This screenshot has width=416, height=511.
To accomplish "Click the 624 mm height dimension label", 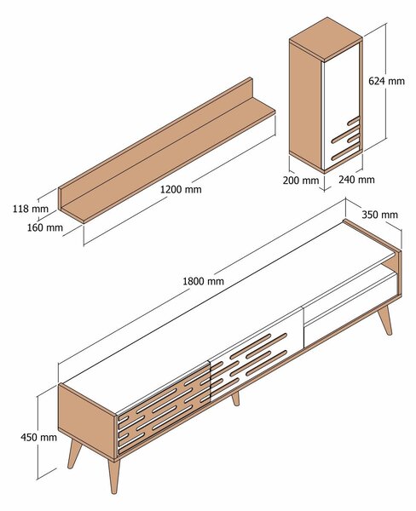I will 386,82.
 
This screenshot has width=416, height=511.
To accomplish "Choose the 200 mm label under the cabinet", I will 301,181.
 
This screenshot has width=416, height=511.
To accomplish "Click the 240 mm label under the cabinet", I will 355,180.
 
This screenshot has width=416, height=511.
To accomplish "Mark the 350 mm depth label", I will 379,215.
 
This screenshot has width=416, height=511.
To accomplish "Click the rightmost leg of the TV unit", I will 385,319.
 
